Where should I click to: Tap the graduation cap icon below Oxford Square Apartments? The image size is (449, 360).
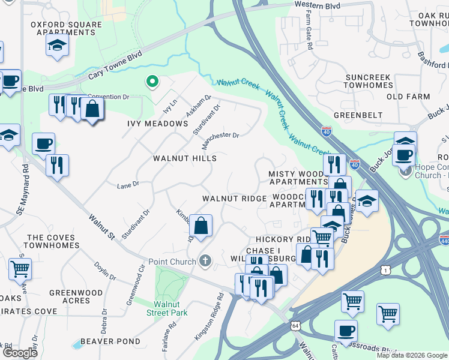tap(57, 46)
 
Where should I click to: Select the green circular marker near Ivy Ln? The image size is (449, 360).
tap(152, 81)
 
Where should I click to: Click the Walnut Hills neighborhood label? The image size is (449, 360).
tap(184, 158)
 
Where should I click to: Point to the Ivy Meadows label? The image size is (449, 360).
tap(158, 124)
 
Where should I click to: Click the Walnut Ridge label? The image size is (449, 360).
tap(234, 199)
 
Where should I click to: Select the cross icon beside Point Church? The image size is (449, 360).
tap(205, 262)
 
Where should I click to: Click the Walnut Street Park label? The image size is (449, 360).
tap(167, 308)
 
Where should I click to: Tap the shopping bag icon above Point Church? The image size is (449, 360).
tap(201, 226)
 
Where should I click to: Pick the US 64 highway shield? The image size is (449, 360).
tap(294, 326)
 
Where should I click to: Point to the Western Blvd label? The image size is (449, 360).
tap(317, 5)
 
